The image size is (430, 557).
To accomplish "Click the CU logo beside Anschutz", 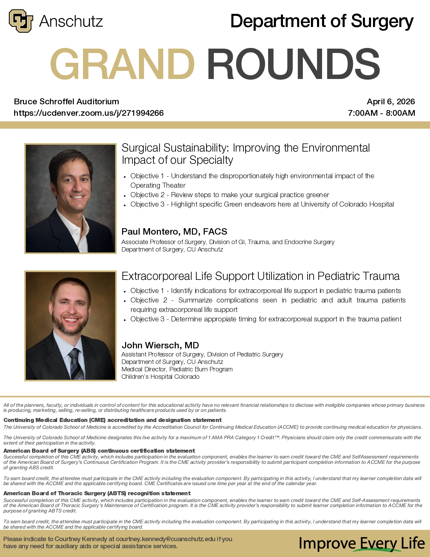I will [21, 21].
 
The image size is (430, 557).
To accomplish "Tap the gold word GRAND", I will [122, 64].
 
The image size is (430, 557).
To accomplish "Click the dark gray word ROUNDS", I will [293, 64].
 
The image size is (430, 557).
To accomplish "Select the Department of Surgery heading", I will [322, 21].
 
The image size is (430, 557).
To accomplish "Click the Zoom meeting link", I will [89, 113].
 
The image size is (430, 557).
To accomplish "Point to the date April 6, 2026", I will [391, 102].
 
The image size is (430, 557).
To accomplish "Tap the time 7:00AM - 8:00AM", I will [381, 113].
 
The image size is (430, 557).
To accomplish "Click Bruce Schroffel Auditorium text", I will [66, 102].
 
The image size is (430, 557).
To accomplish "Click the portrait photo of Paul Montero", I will [70, 198].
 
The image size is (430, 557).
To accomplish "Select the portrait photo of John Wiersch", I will [70, 326].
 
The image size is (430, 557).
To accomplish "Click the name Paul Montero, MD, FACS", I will [174, 232].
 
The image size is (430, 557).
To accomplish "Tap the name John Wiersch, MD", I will [160, 345].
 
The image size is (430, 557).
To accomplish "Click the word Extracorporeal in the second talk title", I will [156, 276].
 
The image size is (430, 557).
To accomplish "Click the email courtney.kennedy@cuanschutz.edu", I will [165, 539].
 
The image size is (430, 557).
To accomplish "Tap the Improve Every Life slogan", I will [361, 543].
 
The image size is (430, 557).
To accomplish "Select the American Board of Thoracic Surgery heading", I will [97, 493].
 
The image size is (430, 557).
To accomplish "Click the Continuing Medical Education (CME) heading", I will [112, 420].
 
